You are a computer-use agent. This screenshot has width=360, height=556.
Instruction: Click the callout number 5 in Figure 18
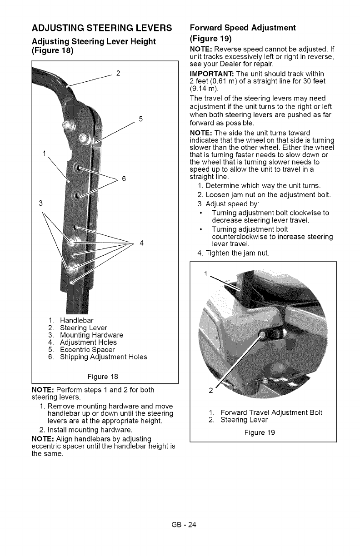(x=141, y=119)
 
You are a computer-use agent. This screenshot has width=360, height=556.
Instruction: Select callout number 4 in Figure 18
(x=141, y=242)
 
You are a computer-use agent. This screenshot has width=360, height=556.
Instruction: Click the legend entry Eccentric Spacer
(x=91, y=349)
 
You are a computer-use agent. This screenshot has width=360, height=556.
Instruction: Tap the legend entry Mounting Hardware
(x=92, y=335)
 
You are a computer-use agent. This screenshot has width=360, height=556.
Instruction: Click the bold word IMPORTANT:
(x=207, y=74)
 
